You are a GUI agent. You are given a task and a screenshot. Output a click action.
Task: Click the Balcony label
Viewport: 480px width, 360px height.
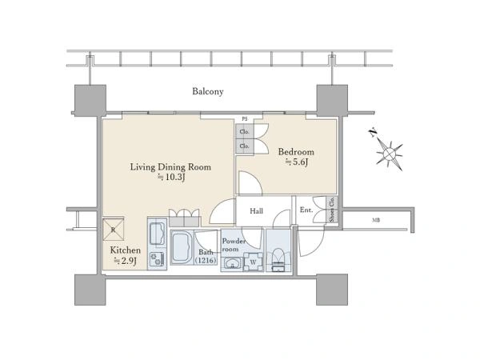click(x=207, y=91)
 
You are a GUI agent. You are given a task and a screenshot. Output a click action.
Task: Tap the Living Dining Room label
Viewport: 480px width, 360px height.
click(x=170, y=167)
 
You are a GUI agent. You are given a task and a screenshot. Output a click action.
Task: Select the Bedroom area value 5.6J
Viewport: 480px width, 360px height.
click(x=296, y=162)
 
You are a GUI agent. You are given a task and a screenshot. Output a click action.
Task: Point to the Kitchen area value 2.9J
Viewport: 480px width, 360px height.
click(x=125, y=261)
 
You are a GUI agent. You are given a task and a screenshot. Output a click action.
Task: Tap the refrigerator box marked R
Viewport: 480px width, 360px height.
click(x=114, y=230)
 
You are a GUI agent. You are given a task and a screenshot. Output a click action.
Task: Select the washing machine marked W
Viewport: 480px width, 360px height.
click(x=253, y=262)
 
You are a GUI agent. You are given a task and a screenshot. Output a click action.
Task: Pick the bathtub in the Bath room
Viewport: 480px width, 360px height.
click(x=182, y=247)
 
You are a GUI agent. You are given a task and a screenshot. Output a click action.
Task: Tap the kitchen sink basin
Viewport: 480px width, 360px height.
click(x=158, y=234)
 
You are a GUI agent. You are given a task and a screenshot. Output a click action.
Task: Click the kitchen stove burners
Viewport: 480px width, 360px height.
click(x=158, y=259)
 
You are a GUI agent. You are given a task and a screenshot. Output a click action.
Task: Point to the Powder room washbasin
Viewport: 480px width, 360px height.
click(x=232, y=263)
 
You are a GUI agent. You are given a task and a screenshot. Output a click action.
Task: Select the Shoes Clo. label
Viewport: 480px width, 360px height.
click(x=331, y=210)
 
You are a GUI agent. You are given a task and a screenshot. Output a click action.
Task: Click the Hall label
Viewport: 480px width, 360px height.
click(x=256, y=211)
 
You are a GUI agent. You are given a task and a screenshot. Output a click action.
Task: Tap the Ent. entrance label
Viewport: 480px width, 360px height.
click(x=306, y=210)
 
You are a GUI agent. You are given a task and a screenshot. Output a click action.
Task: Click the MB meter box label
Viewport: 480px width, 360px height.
click(x=376, y=220)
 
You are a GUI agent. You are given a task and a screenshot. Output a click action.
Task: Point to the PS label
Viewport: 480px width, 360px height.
click(x=245, y=119)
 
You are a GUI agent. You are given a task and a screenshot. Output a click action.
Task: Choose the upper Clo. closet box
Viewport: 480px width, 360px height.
click(x=245, y=132)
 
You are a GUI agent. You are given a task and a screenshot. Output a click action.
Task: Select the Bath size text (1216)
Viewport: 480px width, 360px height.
click(x=206, y=261)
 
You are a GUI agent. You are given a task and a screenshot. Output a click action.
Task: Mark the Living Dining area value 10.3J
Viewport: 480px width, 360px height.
click(x=171, y=178)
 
